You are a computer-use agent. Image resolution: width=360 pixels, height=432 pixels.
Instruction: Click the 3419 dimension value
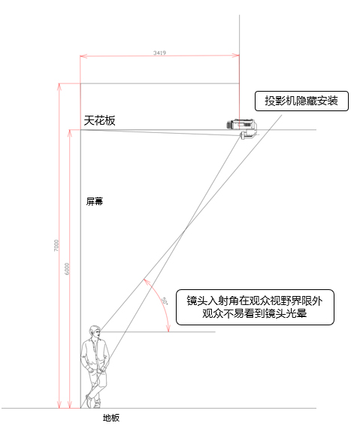[159, 53]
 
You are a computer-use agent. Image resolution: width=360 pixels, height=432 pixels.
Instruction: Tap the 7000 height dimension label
[56, 246]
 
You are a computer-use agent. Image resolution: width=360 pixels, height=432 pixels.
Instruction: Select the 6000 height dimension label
[67, 269]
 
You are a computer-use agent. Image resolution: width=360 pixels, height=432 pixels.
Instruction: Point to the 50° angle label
[165, 301]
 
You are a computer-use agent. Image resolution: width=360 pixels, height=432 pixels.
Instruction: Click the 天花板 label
[99, 120]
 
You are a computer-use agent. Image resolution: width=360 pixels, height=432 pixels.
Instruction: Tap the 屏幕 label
[95, 201]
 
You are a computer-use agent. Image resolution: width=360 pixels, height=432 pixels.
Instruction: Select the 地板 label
[111, 418]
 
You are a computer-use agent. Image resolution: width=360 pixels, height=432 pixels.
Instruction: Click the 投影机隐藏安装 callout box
[301, 101]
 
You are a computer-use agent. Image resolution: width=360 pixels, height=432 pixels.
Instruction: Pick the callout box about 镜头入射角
[255, 307]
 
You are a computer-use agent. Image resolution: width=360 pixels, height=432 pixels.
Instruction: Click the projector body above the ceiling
[241, 124]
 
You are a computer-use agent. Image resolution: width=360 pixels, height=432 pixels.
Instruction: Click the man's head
[95, 332]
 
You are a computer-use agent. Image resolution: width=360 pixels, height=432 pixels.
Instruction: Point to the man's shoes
[93, 402]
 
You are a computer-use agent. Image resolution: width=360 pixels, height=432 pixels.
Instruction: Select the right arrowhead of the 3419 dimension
[236, 56]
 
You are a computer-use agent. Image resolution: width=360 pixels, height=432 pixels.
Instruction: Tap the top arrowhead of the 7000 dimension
[59, 86]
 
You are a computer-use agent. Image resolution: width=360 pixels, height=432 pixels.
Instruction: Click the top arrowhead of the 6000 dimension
[70, 133]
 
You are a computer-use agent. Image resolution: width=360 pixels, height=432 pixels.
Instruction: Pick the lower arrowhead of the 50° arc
[168, 328]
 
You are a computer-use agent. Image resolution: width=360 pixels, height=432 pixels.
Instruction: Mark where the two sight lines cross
[185, 230]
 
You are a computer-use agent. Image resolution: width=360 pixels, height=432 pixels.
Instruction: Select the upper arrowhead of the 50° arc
[147, 282]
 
